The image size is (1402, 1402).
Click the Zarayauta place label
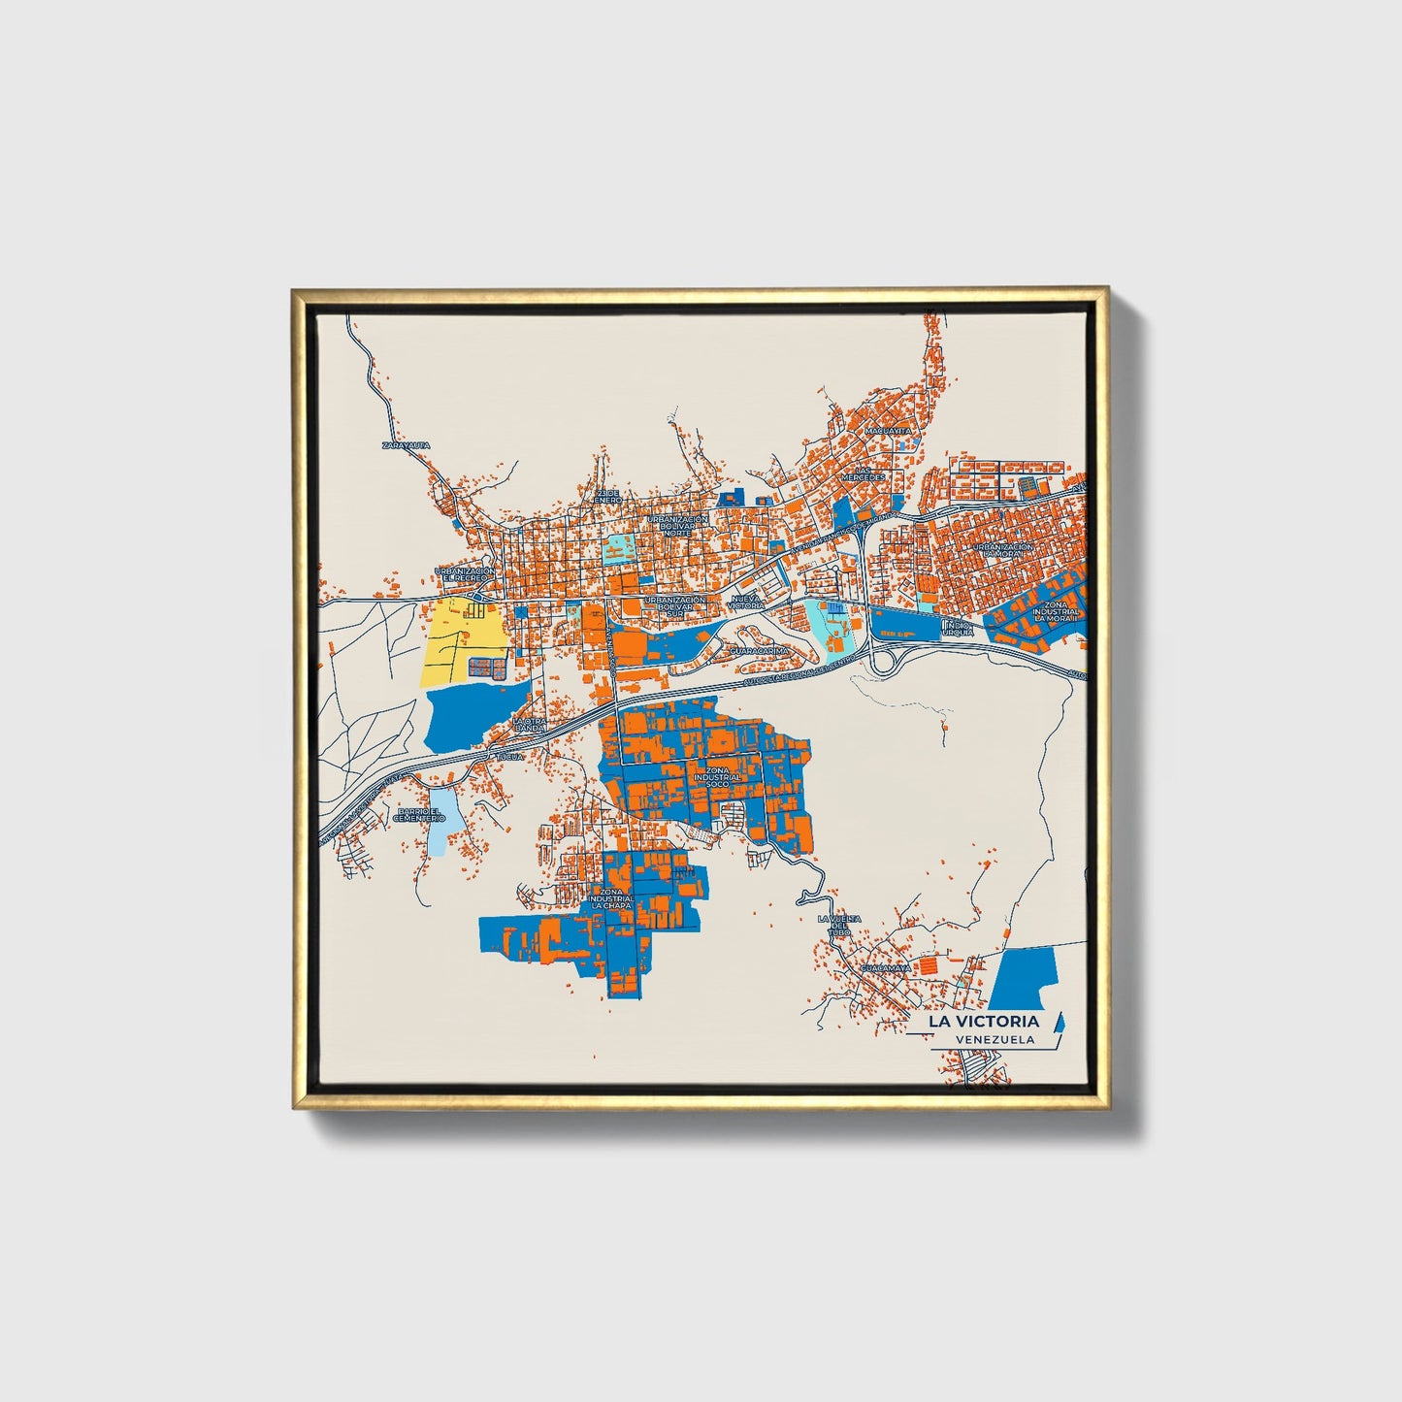point(406,445)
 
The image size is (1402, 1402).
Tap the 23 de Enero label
point(607,497)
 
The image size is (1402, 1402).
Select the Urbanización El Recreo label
point(465,574)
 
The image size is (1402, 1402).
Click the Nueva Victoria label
point(746,603)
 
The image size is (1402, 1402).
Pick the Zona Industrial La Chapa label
point(611,898)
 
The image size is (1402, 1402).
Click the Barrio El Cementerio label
point(419,816)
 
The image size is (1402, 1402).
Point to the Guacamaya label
point(885,968)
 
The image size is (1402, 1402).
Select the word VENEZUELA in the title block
point(994,1039)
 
